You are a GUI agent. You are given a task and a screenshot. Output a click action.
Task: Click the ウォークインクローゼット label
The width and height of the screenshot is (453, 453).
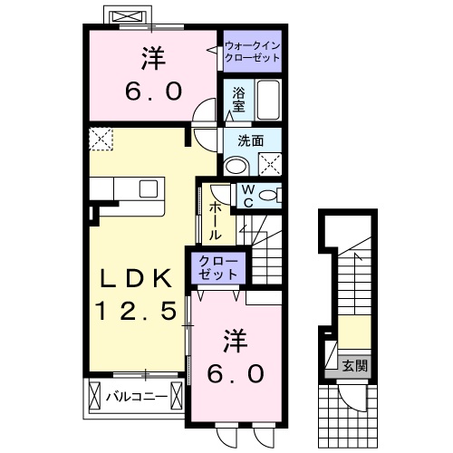tap(252, 49)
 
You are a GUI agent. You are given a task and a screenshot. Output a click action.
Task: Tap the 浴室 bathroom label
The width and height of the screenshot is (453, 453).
tap(238, 98)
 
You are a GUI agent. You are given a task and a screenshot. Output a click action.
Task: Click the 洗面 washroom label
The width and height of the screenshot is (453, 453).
tap(251, 140)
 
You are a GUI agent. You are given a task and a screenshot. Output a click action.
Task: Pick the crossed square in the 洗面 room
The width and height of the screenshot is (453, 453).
tap(269, 164)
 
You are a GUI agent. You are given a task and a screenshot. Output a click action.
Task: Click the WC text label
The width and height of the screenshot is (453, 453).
tap(246, 196)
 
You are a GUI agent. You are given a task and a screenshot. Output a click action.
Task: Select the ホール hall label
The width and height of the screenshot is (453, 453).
tap(216, 220)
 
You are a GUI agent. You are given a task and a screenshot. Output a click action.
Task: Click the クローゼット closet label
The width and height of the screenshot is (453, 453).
tap(218, 268)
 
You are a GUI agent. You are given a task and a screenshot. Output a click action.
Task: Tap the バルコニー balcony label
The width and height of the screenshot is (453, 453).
tap(133, 396)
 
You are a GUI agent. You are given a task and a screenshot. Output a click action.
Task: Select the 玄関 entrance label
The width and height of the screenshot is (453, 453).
tap(354, 366)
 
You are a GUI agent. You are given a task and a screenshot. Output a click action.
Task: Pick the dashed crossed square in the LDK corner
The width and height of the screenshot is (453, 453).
tap(101, 139)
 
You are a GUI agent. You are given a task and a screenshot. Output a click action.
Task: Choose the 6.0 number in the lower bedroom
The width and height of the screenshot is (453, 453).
tap(238, 372)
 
